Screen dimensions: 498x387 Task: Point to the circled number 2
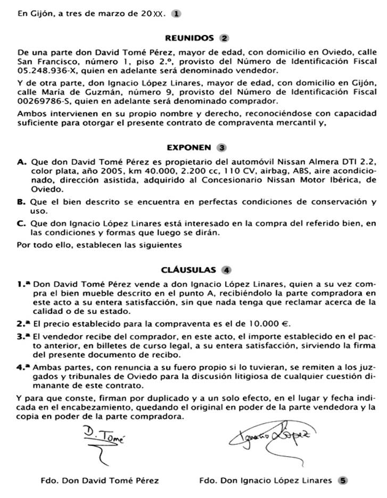(224, 38)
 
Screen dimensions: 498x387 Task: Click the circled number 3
(222, 147)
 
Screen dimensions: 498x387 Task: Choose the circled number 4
(227, 269)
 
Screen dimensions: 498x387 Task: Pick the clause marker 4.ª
(23, 367)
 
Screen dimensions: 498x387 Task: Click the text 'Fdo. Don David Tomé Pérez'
(100, 480)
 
